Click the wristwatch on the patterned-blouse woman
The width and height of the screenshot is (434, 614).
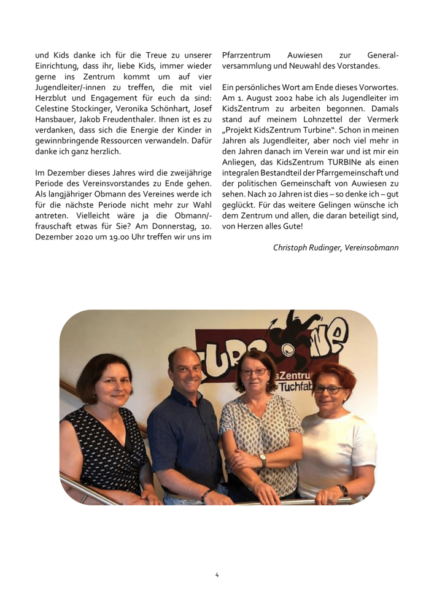(x=263, y=459)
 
